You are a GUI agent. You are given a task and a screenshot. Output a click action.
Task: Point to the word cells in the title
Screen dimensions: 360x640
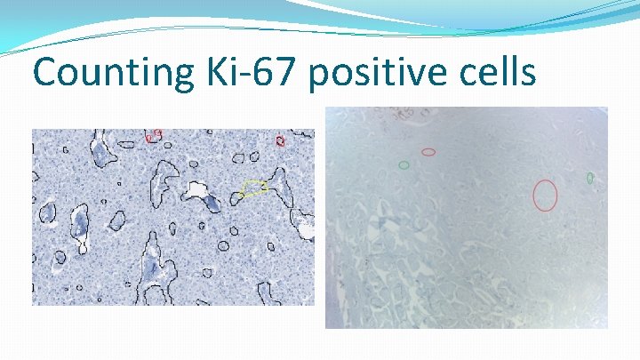(x=495, y=71)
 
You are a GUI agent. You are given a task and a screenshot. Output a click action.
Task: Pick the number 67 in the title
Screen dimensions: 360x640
(x=275, y=71)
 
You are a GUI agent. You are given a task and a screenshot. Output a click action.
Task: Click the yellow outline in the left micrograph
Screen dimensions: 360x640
(x=254, y=188)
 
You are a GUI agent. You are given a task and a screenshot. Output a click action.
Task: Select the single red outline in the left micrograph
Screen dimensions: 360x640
(x=280, y=140)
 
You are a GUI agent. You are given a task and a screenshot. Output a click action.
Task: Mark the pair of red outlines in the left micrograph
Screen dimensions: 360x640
(x=154, y=136)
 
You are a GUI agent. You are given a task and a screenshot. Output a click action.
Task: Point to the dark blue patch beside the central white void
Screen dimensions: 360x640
(x=213, y=204)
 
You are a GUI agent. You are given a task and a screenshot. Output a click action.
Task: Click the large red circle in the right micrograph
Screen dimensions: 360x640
(x=545, y=195)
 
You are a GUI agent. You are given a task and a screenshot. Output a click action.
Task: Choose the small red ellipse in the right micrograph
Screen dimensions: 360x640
(x=428, y=152)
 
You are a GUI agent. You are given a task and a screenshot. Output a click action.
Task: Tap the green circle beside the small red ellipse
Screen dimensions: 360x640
(x=404, y=164)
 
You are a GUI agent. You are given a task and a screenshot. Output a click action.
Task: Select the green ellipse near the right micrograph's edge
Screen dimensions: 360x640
(x=590, y=179)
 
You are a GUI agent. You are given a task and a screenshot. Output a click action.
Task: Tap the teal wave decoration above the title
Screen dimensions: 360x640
(x=356, y=22)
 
